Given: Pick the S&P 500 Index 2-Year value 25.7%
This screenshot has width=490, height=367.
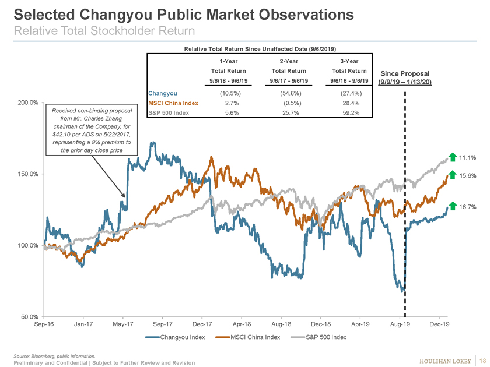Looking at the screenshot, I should (x=286, y=112).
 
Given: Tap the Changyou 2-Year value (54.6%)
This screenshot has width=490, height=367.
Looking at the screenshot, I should (x=286, y=93).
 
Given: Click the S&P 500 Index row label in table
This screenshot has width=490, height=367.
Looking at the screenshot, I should (x=170, y=112).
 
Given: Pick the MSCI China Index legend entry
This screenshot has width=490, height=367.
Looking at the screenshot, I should (x=246, y=338).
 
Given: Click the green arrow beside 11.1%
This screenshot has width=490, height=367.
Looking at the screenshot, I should (x=453, y=157).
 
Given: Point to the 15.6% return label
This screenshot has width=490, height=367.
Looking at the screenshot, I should (x=468, y=175).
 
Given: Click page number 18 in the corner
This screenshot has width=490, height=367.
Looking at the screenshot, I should (x=481, y=359).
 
